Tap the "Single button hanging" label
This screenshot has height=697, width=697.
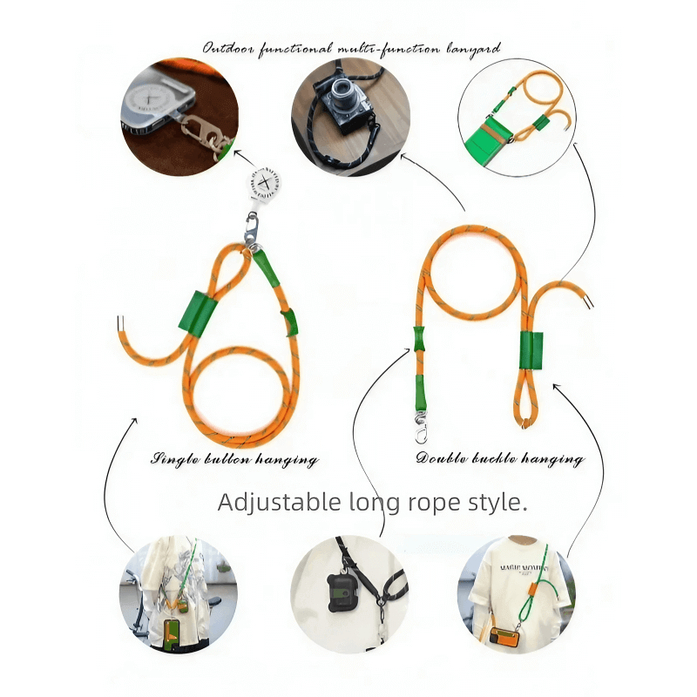pos(235,459)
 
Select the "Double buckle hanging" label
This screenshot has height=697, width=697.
pos(500,459)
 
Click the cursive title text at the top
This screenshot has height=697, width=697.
pos(352,48)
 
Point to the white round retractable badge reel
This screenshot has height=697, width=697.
pos(261,189)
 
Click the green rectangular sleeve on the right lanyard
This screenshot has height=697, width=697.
pos(531,351)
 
